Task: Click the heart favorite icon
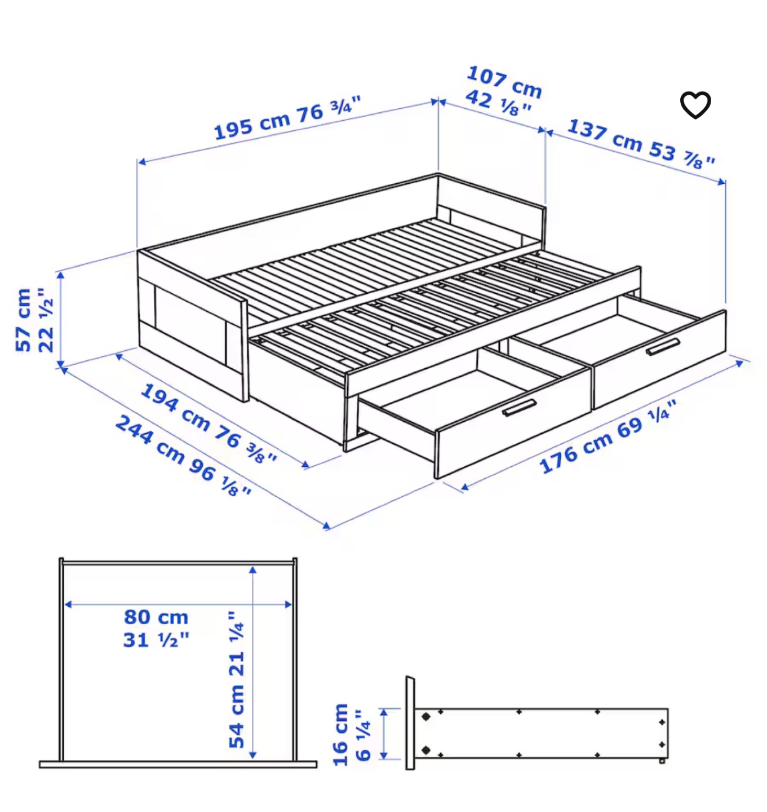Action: point(695,105)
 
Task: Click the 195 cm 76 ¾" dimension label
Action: point(288,117)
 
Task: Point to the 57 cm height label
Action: point(23,320)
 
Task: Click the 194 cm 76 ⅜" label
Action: point(209,423)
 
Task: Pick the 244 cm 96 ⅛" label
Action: point(183,456)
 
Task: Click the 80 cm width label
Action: point(156,617)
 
